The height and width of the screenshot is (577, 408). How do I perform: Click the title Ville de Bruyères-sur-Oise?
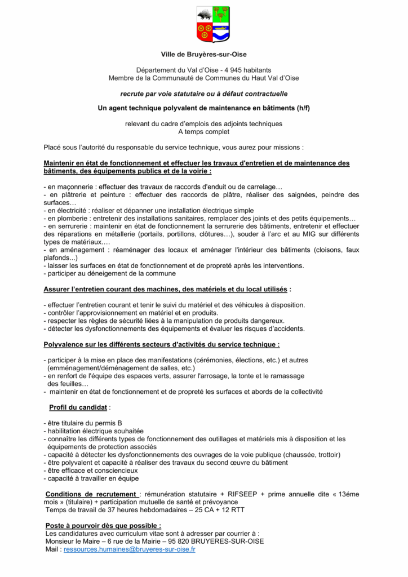click(204, 55)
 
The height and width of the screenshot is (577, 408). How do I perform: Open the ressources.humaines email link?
click(130, 549)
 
